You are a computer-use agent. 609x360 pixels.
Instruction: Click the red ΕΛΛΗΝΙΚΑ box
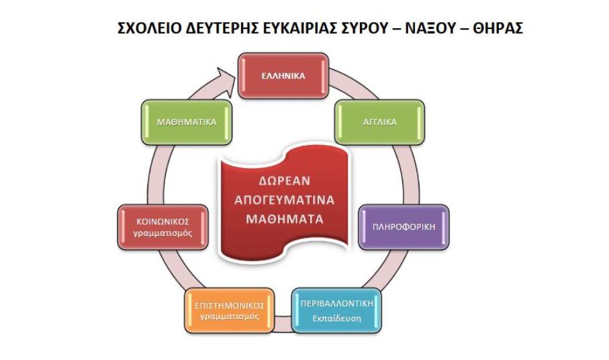pos(283,76)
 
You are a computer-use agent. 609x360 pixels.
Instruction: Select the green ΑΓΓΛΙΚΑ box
pos(379,122)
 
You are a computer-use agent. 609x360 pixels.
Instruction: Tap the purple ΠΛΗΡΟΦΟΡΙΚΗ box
pos(404,227)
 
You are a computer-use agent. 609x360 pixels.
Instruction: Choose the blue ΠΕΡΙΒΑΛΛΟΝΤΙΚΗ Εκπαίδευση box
pos(336,310)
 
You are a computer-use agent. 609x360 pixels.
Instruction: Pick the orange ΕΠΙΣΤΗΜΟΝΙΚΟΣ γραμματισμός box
pos(230,310)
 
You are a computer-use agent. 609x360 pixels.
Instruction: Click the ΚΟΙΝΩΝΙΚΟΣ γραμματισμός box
pos(162,227)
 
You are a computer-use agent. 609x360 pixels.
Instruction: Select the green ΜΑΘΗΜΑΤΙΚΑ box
pos(187,122)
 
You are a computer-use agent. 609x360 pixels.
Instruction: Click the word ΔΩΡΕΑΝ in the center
pos(285,181)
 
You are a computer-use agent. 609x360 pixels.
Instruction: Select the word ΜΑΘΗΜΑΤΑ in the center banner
pos(285,219)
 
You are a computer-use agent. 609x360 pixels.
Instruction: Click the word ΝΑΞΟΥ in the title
pos(429,28)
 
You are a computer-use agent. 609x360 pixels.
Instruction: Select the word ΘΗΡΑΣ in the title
pos(498,28)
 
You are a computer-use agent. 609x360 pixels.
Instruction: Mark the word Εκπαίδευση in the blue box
pos(337,319)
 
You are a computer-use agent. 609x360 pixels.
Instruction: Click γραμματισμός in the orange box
pos(230,316)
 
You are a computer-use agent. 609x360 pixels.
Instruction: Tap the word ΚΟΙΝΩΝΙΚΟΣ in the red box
pos(162,222)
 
